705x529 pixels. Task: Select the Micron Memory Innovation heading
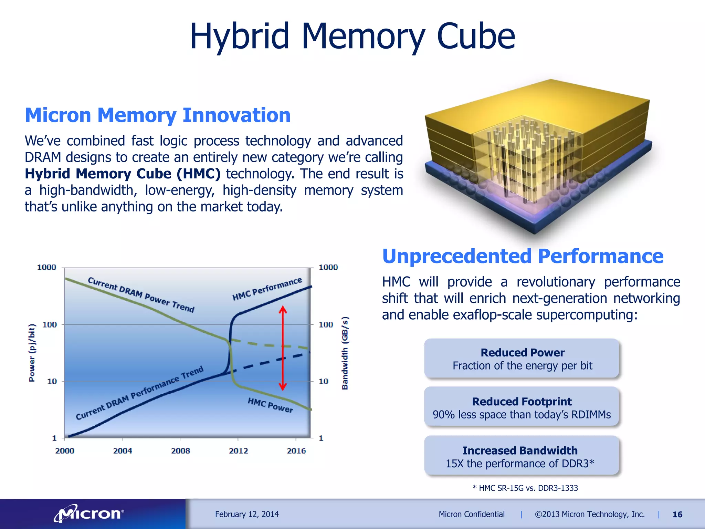pos(158,115)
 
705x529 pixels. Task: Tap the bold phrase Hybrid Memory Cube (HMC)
pos(123,174)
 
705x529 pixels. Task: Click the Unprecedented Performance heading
pos(523,256)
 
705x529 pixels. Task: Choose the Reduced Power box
pos(522,359)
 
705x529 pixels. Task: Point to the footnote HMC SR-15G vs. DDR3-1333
pos(525,488)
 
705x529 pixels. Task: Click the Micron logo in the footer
pos(89,514)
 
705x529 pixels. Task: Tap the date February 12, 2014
pos(247,514)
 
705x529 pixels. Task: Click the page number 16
pos(677,515)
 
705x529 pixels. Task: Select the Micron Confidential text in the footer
pos(471,514)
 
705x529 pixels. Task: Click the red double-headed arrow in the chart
pos(283,348)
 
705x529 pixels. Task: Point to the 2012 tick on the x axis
pos(238,450)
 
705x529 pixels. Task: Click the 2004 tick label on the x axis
pos(123,450)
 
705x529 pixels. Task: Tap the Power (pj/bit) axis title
pos(32,353)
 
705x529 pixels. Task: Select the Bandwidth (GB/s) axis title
pos(345,353)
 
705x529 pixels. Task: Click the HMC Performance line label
pos(267,289)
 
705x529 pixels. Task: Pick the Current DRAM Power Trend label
pos(141,295)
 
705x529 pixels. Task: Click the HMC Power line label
pos(270,405)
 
